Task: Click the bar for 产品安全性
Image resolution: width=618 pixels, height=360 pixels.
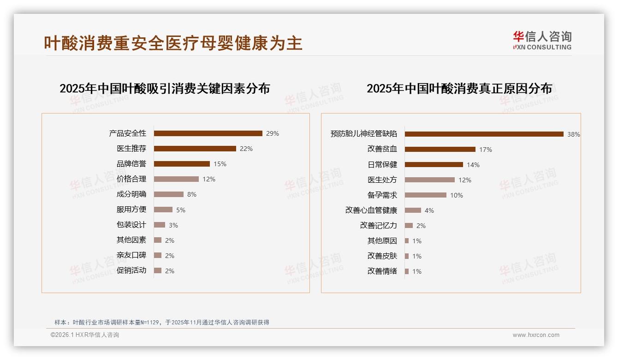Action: pos(208,133)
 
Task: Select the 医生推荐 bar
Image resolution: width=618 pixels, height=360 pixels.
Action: pos(195,149)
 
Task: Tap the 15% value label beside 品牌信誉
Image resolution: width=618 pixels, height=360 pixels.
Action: pos(220,164)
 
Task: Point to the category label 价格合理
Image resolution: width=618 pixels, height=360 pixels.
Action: pos(131,179)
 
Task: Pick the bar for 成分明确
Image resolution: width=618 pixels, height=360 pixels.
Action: pos(169,194)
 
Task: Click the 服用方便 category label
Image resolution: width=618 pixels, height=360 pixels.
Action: pos(131,210)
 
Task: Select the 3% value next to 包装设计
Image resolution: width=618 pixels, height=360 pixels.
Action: pos(173,225)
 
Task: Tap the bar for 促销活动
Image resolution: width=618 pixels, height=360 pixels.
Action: pos(158,270)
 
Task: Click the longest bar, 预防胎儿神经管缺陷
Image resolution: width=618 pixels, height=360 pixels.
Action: pos(484,134)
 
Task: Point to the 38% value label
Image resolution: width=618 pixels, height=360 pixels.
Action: pos(574,135)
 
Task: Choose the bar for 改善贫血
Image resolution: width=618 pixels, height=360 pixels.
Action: pos(440,150)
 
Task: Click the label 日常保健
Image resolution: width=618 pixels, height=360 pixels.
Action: pos(382,165)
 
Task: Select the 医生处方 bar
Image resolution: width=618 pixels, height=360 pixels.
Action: pos(430,180)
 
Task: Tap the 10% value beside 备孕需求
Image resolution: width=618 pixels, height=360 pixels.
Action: pos(457,195)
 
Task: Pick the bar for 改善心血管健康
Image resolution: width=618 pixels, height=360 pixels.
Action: pos(413,210)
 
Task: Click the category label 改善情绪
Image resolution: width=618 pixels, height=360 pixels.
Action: pos(382,271)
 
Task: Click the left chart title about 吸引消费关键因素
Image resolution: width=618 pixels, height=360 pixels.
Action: pos(165,89)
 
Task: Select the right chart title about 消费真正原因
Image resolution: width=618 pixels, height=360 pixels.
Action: pos(459,89)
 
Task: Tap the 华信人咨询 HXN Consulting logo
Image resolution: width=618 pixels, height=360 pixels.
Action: pos(542,41)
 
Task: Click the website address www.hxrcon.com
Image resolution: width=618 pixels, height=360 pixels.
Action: pos(536,335)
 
